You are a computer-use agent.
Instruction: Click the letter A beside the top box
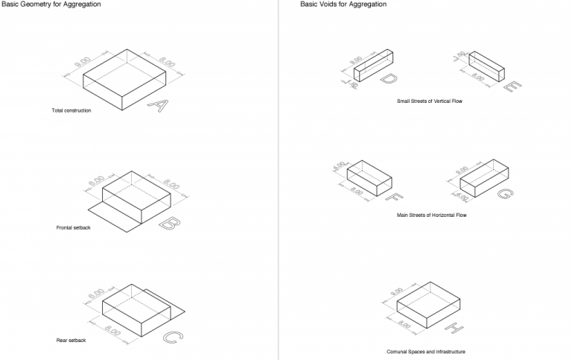tap(156, 105)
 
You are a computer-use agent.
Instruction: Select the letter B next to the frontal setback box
tap(168, 222)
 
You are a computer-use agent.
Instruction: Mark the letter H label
tap(454, 327)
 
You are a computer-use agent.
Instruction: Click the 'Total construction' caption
tap(71, 111)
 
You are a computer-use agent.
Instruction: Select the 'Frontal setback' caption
tap(74, 227)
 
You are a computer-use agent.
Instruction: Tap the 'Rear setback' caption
tap(71, 341)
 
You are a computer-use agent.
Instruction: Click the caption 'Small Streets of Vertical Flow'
tap(430, 101)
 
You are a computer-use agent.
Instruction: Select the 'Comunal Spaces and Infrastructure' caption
tap(426, 352)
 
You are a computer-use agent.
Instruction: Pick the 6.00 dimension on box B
tap(95, 181)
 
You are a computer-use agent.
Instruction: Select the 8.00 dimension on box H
tap(404, 325)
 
